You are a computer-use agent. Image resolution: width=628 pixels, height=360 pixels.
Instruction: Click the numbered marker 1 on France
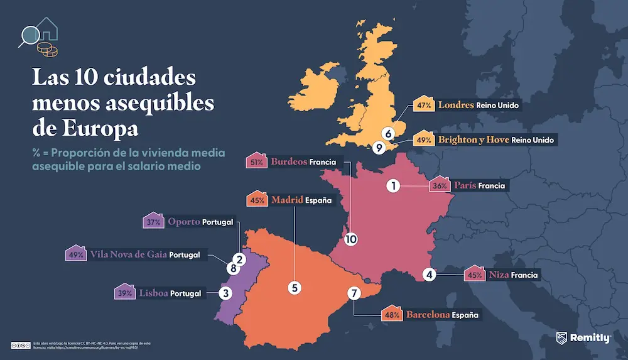[393, 185]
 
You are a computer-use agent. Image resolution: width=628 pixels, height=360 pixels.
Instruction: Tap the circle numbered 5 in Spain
[295, 287]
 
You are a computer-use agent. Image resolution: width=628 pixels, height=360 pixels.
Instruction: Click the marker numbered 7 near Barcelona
[354, 293]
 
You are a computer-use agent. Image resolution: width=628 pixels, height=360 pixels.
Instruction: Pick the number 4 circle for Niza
[430, 274]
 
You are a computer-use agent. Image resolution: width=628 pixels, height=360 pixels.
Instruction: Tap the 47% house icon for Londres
[423, 105]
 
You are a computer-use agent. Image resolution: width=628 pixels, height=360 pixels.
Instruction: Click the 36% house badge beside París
[440, 185]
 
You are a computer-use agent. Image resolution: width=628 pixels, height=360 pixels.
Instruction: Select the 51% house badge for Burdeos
[256, 161]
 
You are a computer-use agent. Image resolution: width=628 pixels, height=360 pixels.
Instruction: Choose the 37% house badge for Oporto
[153, 222]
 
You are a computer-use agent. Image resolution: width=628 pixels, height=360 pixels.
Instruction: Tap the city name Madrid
[287, 200]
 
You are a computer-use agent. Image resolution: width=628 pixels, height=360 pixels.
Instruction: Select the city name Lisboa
[153, 293]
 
